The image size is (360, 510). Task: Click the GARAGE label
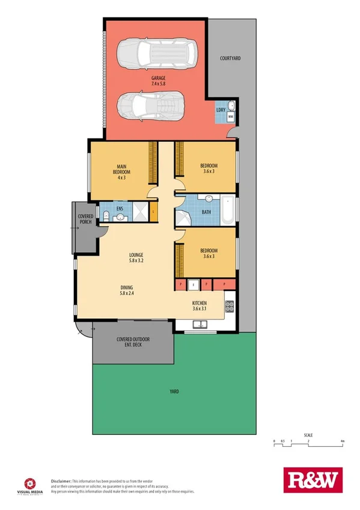pyautogui.click(x=158, y=78)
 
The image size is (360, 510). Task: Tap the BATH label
pyautogui.click(x=206, y=212)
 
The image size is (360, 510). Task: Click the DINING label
pyautogui.click(x=126, y=287)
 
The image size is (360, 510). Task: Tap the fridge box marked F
pyautogui.click(x=194, y=284)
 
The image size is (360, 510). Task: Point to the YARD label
pyautogui.click(x=174, y=392)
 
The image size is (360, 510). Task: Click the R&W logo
pyautogui.click(x=311, y=480)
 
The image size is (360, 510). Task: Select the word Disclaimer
pyautogui.click(x=61, y=481)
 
